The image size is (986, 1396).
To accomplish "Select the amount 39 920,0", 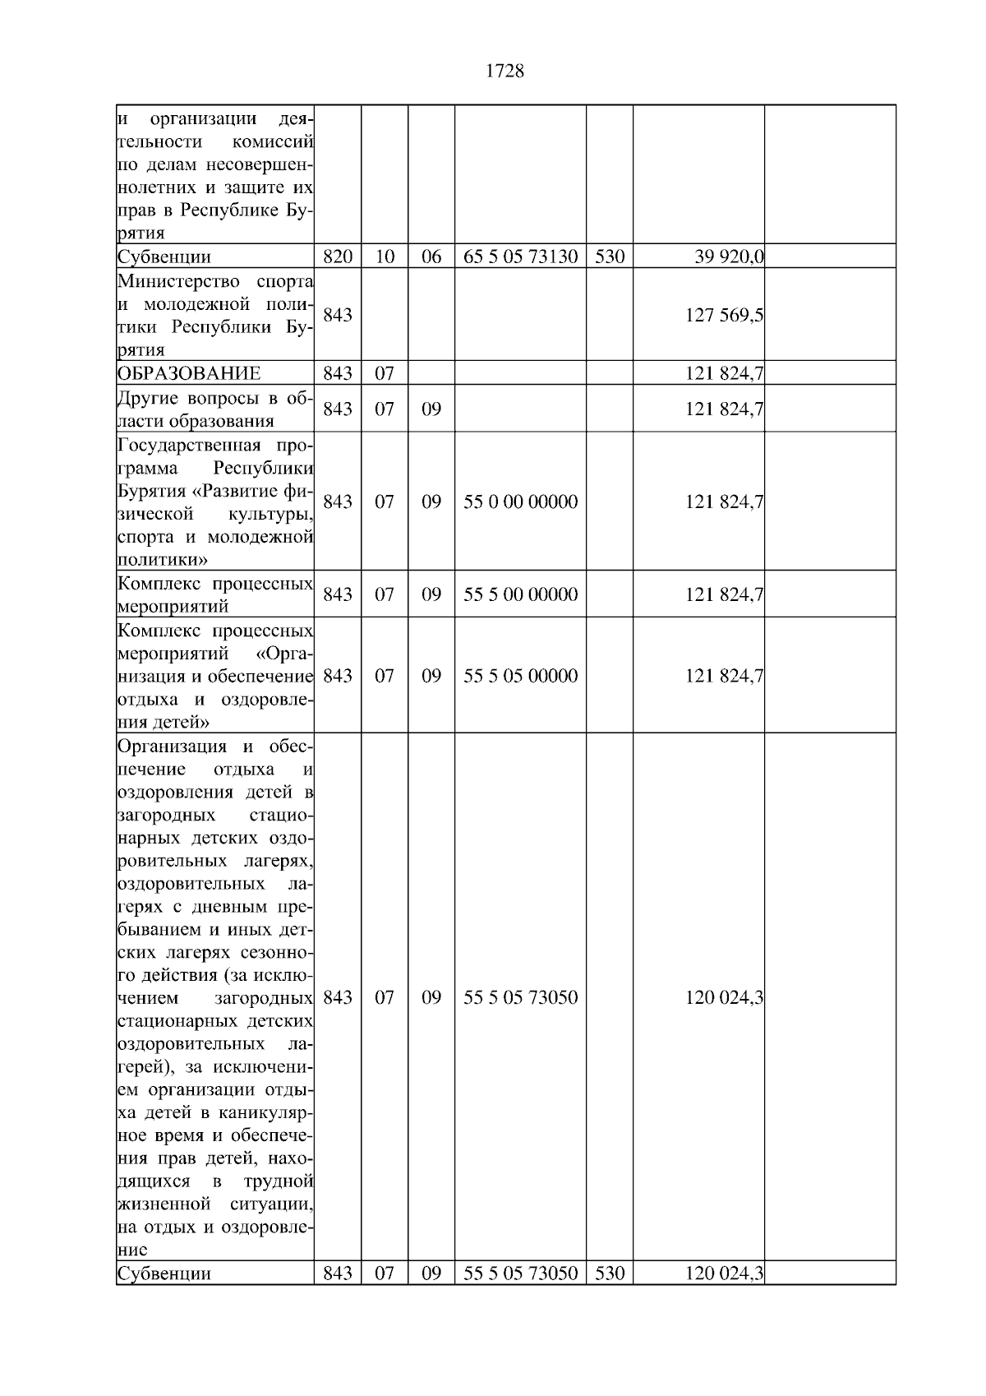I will [729, 257].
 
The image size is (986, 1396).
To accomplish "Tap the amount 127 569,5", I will [724, 315].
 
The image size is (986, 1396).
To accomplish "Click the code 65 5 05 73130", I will [520, 257].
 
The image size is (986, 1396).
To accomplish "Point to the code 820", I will [338, 257].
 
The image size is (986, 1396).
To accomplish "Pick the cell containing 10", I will [385, 257].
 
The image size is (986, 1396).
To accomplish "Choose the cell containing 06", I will [431, 257].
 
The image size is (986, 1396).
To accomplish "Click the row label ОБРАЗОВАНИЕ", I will [189, 373].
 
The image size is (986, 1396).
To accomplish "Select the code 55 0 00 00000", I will [520, 502].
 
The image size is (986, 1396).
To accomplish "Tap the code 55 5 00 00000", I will [520, 594].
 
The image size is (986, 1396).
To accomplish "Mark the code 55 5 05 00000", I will [520, 676].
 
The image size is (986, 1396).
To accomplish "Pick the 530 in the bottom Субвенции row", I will [610, 1274].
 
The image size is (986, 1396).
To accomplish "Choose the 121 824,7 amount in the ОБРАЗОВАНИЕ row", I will [724, 373].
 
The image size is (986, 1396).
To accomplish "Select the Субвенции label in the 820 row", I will [164, 257].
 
